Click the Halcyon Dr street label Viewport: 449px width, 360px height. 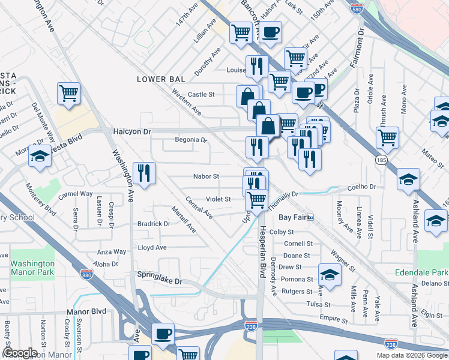(132, 131)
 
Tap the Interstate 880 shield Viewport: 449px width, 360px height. (86, 274)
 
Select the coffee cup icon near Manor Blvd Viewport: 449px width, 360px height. (163, 333)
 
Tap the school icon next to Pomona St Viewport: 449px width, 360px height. (330, 274)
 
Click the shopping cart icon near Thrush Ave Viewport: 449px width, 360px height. (387, 137)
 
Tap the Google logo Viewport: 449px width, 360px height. (20, 353)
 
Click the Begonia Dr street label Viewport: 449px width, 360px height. (190, 140)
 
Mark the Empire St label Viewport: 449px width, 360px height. (335, 321)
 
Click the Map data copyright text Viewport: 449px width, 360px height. (412, 355)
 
